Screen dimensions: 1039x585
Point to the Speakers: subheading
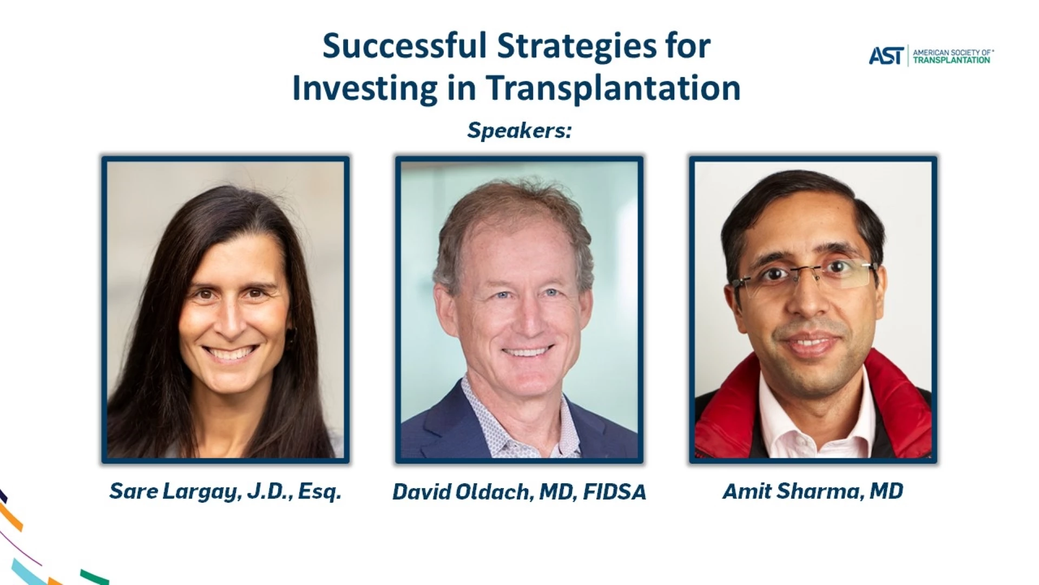coord(519,131)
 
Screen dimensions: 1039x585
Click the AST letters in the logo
coord(886,56)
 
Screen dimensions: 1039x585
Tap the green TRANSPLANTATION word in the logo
coord(951,60)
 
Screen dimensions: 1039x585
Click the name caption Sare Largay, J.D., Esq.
coord(225,492)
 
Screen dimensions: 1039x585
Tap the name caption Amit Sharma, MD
coord(813,491)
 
